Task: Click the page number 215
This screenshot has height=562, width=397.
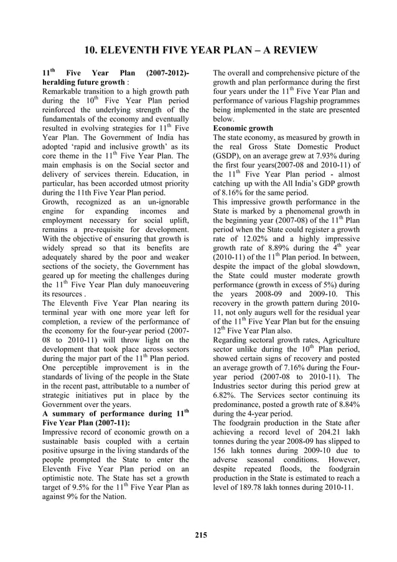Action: (200, 533)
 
